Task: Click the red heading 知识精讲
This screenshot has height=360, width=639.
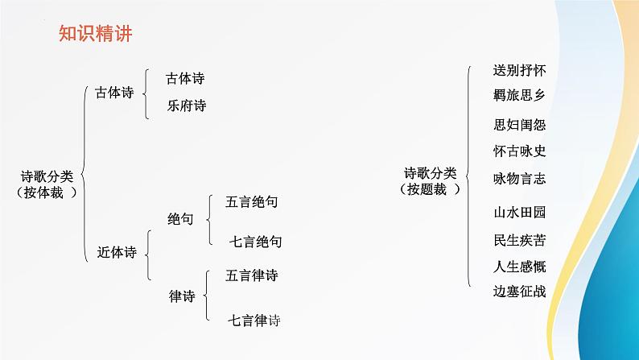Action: click(95, 33)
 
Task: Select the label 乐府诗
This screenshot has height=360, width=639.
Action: click(186, 105)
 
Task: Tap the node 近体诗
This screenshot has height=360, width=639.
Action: click(117, 252)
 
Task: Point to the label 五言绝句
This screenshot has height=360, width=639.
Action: click(253, 202)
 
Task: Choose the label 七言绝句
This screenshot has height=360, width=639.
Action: click(256, 240)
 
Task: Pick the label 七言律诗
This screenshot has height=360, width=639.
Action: click(255, 319)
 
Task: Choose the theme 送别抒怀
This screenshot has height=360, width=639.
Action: click(519, 70)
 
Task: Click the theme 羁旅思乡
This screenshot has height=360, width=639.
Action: click(519, 95)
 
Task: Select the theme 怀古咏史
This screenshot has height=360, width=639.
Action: click(519, 151)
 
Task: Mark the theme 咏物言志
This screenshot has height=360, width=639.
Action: click(519, 178)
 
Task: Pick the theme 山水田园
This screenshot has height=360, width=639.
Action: click(519, 213)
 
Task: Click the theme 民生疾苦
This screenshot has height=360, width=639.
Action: click(519, 239)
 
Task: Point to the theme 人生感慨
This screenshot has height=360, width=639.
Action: click(519, 266)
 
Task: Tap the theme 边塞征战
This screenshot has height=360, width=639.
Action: click(519, 291)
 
